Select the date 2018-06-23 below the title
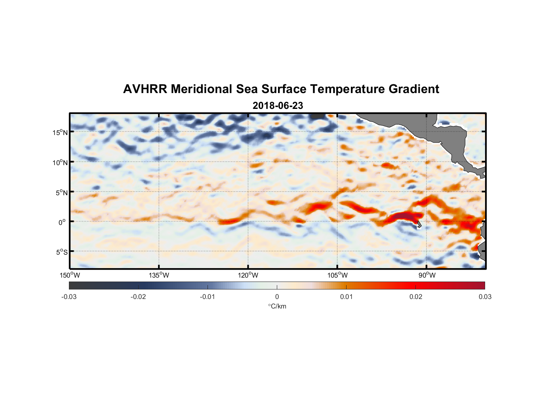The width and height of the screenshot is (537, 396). [278, 106]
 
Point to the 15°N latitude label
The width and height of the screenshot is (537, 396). [60, 132]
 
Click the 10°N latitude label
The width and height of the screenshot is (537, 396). [60, 162]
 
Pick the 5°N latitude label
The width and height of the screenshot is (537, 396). [61, 192]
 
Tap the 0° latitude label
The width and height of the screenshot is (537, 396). [62, 222]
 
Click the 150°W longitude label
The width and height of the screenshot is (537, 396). [70, 275]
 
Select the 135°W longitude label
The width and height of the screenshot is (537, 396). [159, 275]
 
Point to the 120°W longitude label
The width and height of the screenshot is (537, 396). [248, 275]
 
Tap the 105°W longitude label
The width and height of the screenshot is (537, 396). [337, 275]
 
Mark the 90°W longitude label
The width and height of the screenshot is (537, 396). [427, 275]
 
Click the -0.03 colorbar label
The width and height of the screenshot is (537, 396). [69, 297]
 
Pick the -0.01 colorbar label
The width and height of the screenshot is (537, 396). [208, 297]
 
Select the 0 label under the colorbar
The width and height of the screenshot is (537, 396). [277, 297]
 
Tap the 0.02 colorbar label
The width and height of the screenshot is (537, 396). [416, 297]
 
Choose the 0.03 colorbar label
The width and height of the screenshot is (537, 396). [485, 297]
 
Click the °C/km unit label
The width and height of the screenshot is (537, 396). [277, 306]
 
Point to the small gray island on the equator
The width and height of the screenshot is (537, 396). [419, 225]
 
